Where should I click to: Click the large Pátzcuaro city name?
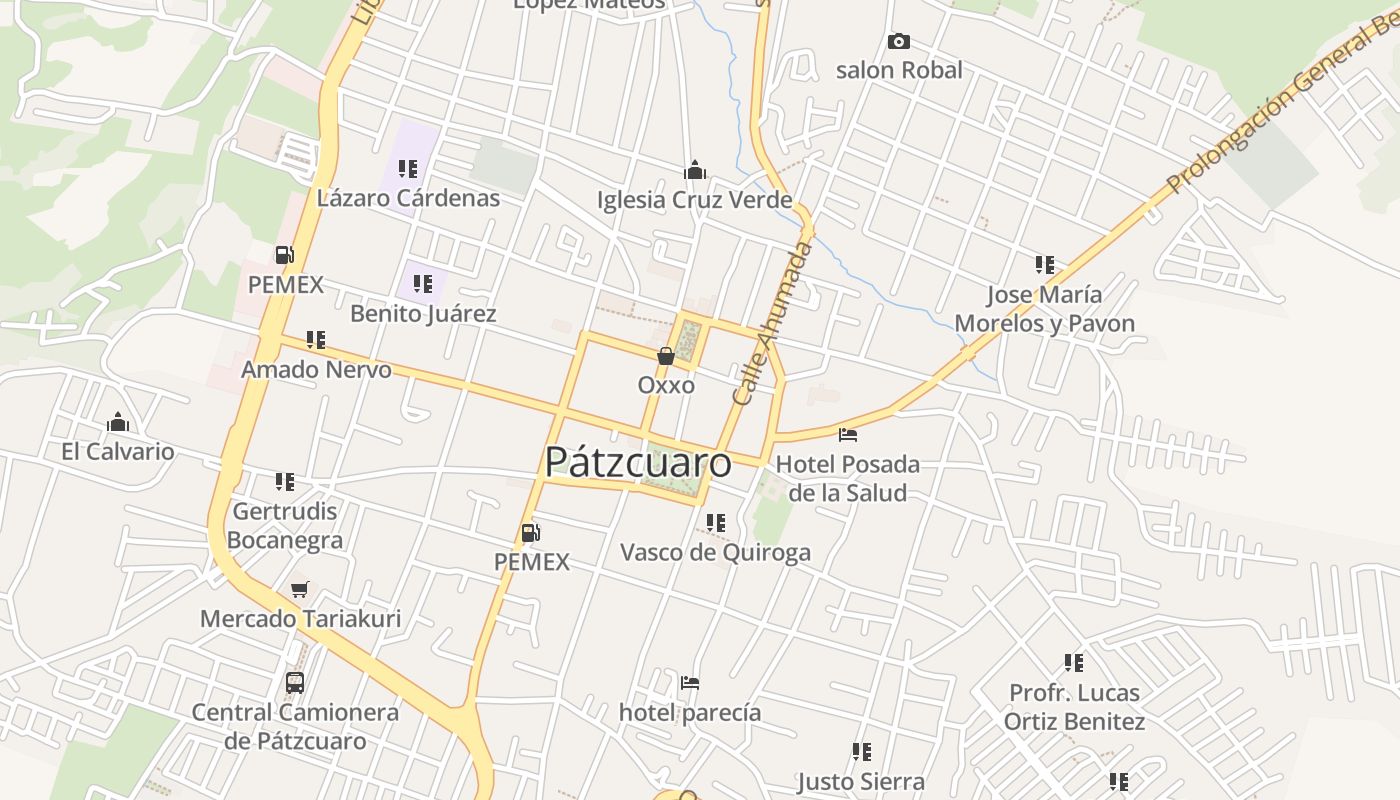(x=638, y=463)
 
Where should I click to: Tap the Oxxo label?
(x=666, y=385)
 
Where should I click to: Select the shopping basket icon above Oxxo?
(x=666, y=356)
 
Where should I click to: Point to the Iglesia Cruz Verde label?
(x=694, y=199)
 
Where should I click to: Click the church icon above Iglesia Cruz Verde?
(x=694, y=170)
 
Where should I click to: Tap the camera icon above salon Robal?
(x=899, y=41)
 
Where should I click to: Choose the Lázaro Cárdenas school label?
(x=408, y=197)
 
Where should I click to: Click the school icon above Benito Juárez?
(x=423, y=284)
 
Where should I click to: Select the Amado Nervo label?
(x=316, y=369)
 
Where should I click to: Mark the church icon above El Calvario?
(x=118, y=422)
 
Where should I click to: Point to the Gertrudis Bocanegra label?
(x=285, y=525)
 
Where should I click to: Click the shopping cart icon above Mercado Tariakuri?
(x=300, y=589)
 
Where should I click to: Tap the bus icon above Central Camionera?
(x=295, y=683)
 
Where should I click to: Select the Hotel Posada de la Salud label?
(x=848, y=478)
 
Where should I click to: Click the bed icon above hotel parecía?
(x=690, y=684)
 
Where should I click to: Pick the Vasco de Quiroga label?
(x=715, y=552)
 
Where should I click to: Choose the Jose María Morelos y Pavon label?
(x=1045, y=308)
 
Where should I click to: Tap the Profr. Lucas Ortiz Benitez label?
(x=1074, y=706)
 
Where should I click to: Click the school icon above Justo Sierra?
(x=861, y=751)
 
